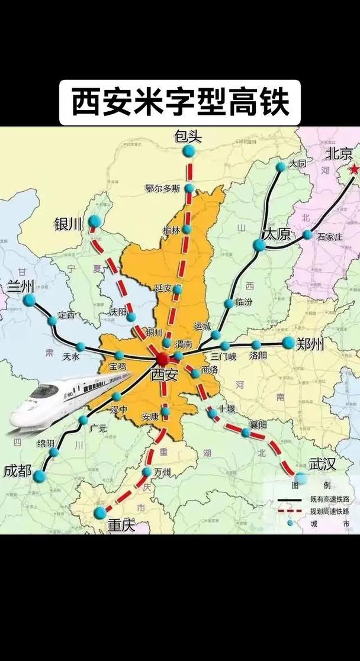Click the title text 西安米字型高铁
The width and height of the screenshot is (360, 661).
click(x=180, y=102)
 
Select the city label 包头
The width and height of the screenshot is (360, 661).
click(x=188, y=137)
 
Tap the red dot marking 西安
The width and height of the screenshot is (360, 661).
click(x=163, y=359)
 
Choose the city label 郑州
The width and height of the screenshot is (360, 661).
click(x=310, y=344)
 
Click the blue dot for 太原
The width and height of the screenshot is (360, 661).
click(x=259, y=246)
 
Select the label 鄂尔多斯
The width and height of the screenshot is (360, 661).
click(x=162, y=189)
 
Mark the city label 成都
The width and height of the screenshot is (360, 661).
click(x=17, y=471)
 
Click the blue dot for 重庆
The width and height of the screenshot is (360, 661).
click(x=101, y=512)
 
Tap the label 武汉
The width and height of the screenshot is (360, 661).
click(x=322, y=464)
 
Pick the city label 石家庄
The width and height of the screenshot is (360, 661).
click(x=330, y=236)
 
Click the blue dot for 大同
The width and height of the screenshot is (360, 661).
click(x=281, y=167)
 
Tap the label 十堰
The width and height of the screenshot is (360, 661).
click(x=226, y=408)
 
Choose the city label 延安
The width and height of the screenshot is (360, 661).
click(x=163, y=288)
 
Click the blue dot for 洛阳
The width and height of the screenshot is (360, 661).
click(x=256, y=345)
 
